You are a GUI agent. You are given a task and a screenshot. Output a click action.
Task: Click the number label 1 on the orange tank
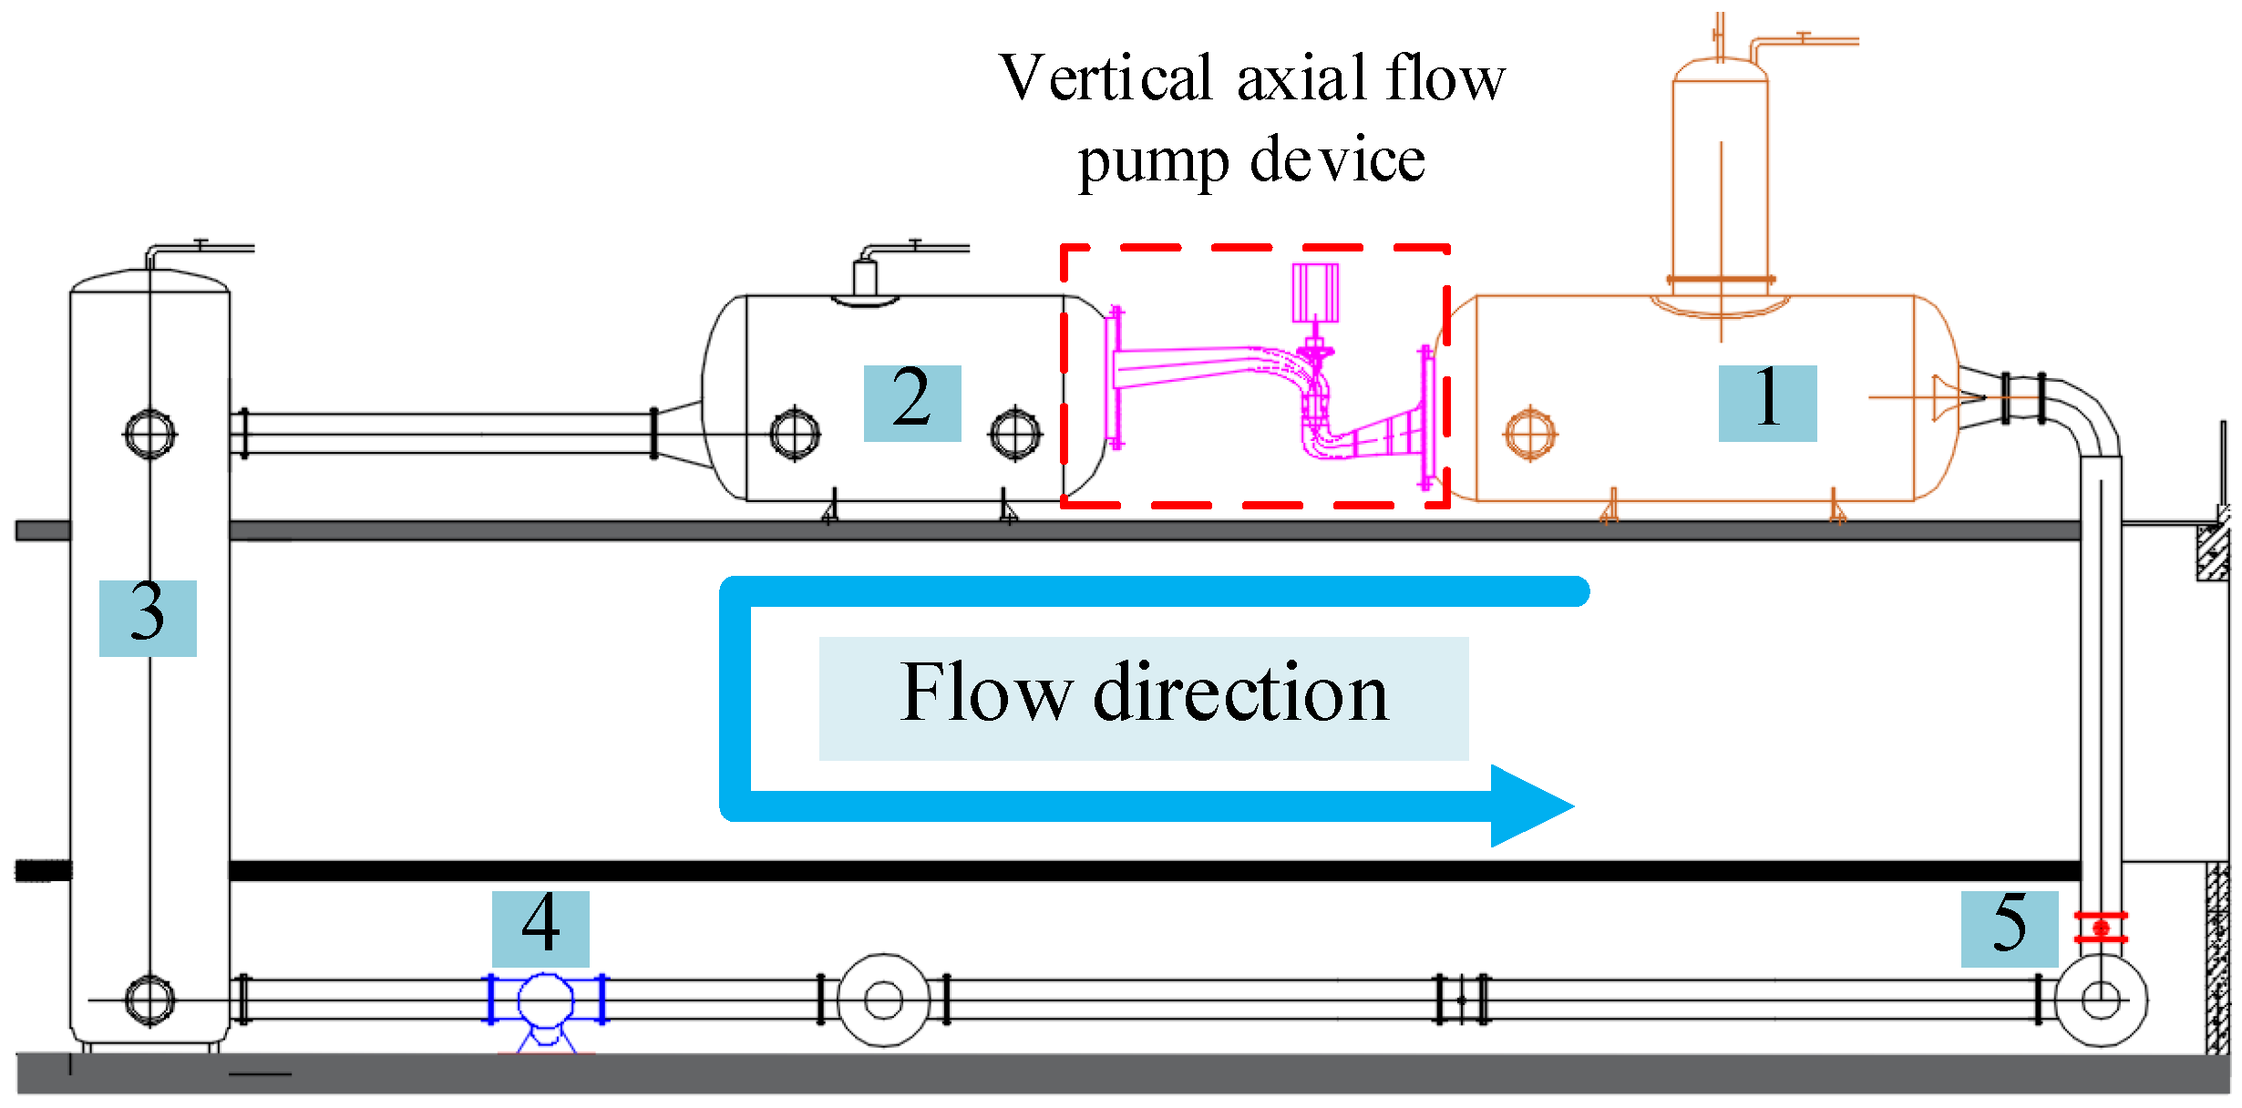[x=1766, y=403]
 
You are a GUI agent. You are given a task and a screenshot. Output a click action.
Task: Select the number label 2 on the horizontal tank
[x=911, y=403]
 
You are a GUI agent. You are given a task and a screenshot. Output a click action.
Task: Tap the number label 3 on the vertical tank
[x=147, y=617]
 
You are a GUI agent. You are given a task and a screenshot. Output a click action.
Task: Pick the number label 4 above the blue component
[x=540, y=928]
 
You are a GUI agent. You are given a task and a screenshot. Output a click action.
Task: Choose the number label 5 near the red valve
[x=2009, y=928]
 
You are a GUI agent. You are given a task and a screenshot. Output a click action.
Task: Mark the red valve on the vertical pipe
[x=2101, y=928]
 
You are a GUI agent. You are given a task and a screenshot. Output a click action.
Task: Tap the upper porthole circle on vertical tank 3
[x=149, y=434]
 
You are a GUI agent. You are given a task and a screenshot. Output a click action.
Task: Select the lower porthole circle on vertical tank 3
[x=149, y=1000]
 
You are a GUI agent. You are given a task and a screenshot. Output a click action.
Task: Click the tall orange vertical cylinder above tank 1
[x=1720, y=173]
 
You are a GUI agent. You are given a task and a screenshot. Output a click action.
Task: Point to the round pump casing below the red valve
[x=2101, y=1000]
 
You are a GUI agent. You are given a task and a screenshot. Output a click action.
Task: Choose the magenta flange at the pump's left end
[x=1114, y=378]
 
